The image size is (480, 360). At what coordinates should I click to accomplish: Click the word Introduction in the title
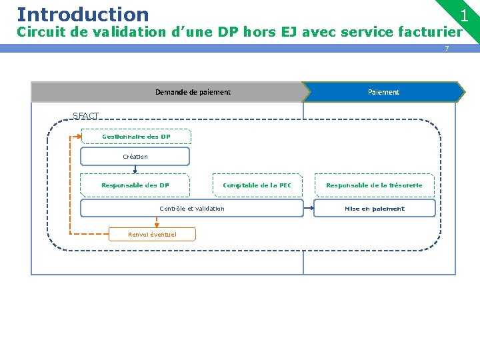coord(83,14)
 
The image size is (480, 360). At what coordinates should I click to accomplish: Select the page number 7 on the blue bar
coord(447,49)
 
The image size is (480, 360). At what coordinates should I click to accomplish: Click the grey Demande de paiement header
coord(193,92)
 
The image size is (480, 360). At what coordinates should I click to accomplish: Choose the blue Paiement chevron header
coord(383,92)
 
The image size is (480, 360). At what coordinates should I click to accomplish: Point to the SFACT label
coord(85,115)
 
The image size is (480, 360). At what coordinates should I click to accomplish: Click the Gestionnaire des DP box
coord(136,137)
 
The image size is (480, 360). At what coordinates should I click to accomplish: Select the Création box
coord(135,157)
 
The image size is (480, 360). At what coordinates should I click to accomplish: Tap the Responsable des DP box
coord(135,185)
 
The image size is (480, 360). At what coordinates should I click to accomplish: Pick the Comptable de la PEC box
coord(257,185)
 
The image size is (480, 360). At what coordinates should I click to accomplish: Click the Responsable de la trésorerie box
coord(374,185)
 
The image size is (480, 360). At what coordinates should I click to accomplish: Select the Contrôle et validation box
coord(192,209)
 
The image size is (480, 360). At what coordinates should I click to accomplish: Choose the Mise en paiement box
coord(374,209)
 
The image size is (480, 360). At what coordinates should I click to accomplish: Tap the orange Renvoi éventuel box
coord(153,234)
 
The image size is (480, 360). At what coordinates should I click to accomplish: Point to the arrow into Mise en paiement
coord(309,209)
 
